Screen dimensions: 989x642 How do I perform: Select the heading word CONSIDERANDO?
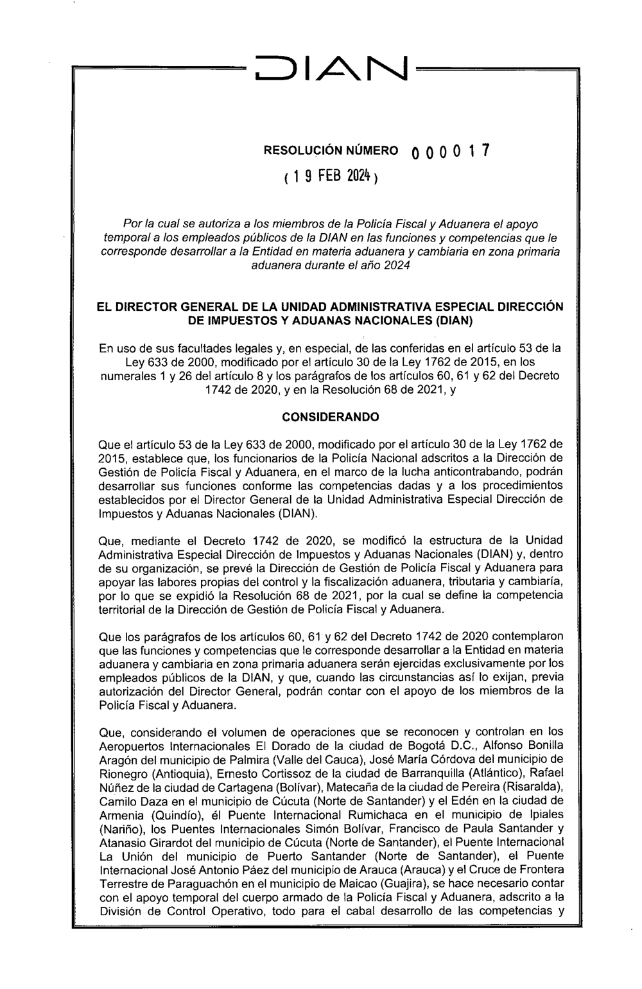coord(331,417)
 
